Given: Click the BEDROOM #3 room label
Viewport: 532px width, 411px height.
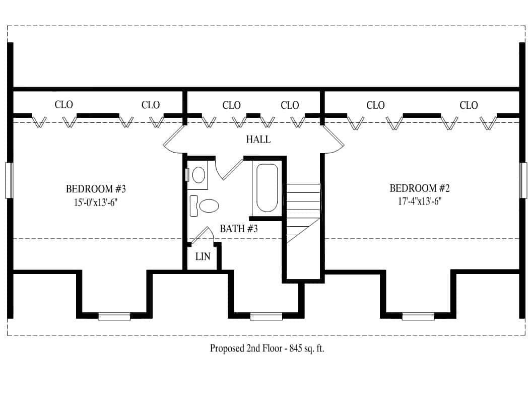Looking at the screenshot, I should (95, 189).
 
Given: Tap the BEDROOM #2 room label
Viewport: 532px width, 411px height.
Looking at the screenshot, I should (419, 189).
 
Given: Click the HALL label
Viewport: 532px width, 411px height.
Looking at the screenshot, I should (258, 140).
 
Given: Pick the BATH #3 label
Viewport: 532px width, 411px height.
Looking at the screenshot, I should (239, 229).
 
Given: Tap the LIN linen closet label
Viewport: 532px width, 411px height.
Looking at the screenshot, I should (203, 257).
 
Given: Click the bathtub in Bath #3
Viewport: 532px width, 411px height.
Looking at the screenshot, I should (267, 187).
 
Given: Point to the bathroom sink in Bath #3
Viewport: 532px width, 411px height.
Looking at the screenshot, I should (198, 175).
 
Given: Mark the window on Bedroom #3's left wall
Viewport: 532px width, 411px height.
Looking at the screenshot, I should (8, 180).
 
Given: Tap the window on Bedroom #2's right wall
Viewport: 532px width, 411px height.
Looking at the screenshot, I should (523, 180).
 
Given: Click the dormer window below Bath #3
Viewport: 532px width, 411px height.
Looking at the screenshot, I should (265, 316).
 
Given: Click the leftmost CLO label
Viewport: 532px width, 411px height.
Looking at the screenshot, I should (63, 105).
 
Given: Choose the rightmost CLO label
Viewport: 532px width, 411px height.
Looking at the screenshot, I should (469, 105).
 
